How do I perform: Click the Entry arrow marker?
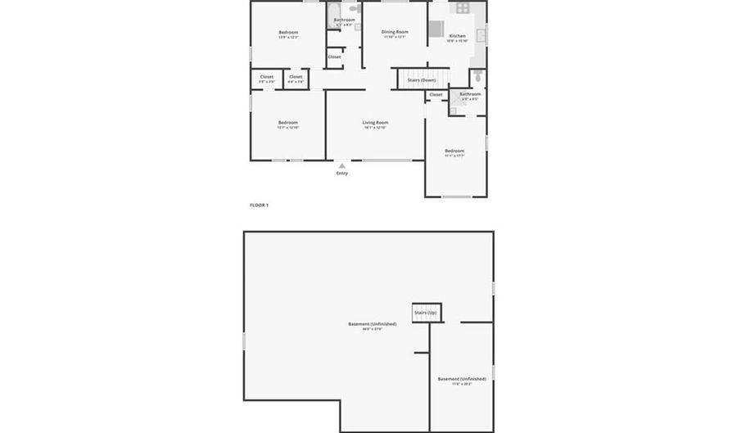pos(342,165)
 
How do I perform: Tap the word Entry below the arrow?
pos(342,174)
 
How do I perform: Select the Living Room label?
pos(376,123)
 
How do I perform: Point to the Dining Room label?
pos(395,32)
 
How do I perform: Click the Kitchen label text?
pos(458,36)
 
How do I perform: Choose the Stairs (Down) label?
pos(422,80)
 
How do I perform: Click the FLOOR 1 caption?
pos(259,205)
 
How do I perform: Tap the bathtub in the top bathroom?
pos(333,13)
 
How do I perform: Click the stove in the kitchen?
pos(462,8)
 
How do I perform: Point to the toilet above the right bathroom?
pos(477,77)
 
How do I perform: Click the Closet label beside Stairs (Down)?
pos(436,95)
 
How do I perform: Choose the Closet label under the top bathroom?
pos(335,57)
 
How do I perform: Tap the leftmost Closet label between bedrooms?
pos(267,77)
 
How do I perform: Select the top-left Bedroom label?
pos(287,33)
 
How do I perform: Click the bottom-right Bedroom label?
pos(454,151)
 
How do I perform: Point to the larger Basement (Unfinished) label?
pos(372,324)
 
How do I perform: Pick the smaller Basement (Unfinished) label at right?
pos(462,379)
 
